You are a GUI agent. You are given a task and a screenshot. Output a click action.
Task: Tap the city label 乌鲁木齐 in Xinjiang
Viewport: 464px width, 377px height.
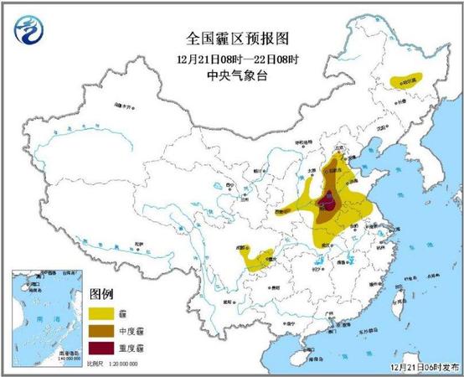[125, 106]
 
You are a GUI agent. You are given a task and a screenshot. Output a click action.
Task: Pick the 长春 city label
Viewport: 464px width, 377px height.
[396, 109]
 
